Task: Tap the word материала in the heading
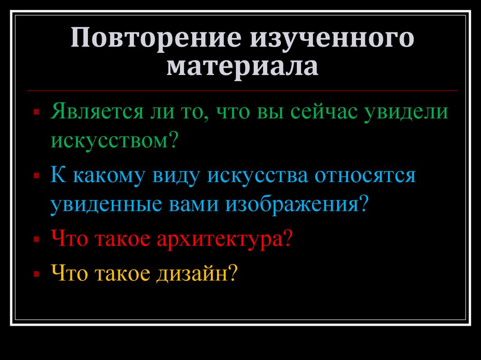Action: point(241,66)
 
